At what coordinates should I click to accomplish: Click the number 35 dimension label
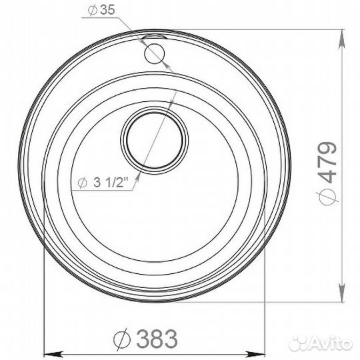coord(107,10)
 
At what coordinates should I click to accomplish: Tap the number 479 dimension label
coord(327,163)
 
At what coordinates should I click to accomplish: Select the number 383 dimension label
coord(157,339)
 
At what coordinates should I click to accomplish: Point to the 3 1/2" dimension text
coord(111,183)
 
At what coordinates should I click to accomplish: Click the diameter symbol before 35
coord(93,10)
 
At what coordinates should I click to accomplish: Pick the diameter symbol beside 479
coord(327,197)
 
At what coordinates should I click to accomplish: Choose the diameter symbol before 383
coord(122,339)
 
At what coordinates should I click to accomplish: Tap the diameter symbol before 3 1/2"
coord(82,183)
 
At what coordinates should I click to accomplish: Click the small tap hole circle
coord(154,53)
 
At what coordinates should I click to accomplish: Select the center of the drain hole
coord(155,141)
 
